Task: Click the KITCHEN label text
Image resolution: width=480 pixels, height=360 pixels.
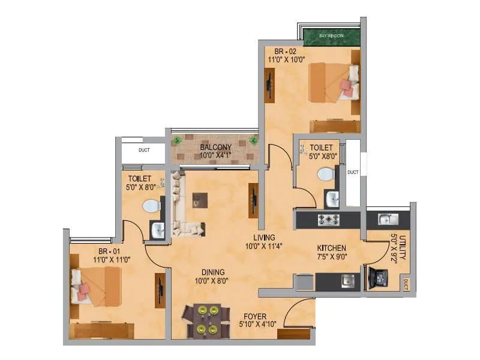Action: click(331, 248)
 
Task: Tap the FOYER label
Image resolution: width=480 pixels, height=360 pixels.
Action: click(255, 316)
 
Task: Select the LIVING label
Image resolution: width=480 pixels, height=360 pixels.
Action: click(263, 238)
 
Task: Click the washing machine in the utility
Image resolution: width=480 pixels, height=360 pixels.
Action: click(380, 277)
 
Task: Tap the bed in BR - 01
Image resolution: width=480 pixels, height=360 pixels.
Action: click(96, 285)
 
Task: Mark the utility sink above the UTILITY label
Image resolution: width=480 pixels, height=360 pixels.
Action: click(385, 219)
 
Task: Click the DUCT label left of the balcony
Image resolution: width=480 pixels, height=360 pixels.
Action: click(143, 150)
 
